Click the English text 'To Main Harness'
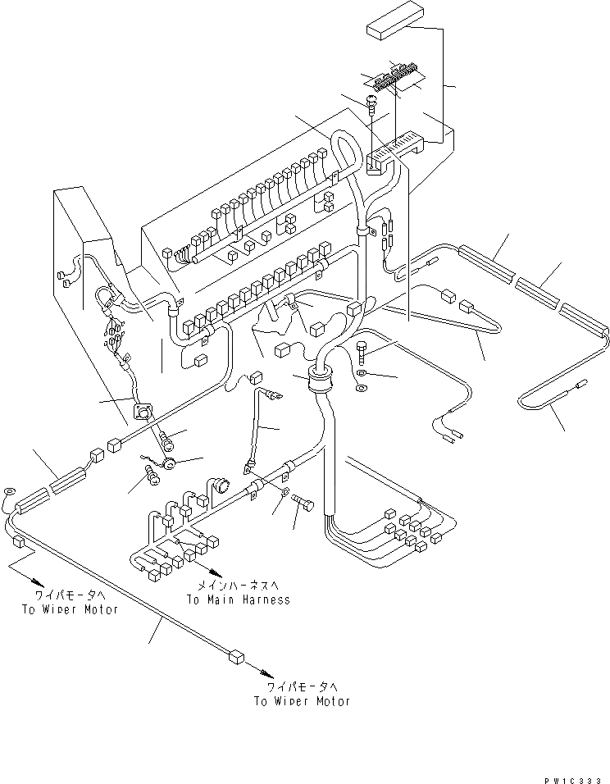[x=238, y=599]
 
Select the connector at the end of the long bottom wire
[x=235, y=655]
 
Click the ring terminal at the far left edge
[x=9, y=492]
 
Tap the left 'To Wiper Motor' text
[x=71, y=609]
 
